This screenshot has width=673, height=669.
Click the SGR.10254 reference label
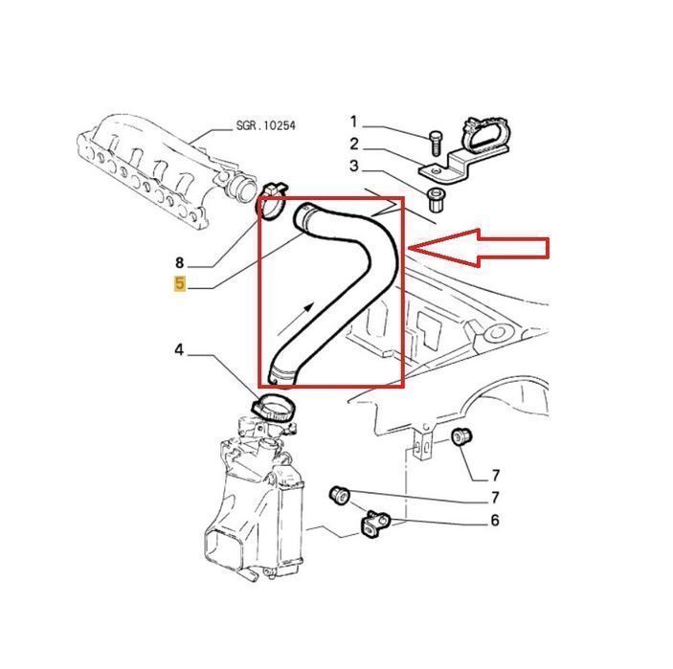point(266,125)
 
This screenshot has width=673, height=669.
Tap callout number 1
point(353,122)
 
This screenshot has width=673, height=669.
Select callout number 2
point(353,144)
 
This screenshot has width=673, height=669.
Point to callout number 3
point(353,166)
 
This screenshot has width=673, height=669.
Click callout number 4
point(179,350)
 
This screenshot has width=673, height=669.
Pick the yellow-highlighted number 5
point(180,283)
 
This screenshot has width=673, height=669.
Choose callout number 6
point(495,520)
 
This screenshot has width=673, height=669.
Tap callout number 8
point(179,262)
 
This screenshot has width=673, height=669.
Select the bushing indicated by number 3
point(437,200)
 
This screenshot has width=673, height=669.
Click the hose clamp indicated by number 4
point(273,408)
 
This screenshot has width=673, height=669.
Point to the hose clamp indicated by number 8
point(272,201)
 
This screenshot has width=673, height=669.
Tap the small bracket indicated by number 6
point(374,524)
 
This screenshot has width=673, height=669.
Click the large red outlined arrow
point(479,248)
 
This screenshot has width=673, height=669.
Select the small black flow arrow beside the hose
point(296,319)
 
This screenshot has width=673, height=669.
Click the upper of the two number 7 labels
point(495,476)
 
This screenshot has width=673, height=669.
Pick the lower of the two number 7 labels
point(495,498)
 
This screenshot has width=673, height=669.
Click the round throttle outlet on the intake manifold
point(241,188)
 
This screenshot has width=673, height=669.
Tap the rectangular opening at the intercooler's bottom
point(224,547)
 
